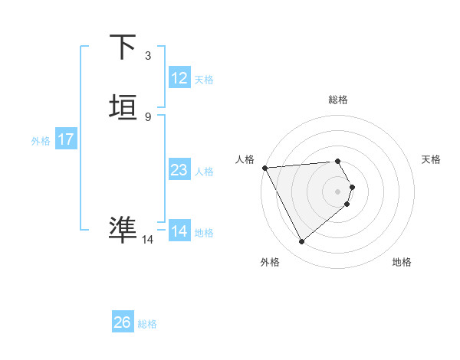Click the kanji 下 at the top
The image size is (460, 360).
(123, 48)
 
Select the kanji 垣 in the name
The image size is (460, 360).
(123, 108)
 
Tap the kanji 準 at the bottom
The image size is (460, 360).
(123, 228)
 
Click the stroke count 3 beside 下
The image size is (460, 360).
(147, 56)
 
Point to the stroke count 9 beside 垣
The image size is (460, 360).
(147, 116)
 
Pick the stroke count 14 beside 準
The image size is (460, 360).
(148, 240)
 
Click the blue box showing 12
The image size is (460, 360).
(179, 78)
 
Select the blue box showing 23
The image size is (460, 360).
(179, 170)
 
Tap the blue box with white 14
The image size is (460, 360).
(179, 231)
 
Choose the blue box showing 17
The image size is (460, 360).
(65, 139)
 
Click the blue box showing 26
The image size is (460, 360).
(122, 322)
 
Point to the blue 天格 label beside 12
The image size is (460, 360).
(204, 80)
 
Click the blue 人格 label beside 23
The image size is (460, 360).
(205, 172)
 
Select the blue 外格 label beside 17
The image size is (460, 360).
(41, 141)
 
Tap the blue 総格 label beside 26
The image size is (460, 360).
(147, 324)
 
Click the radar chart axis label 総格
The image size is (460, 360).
(338, 100)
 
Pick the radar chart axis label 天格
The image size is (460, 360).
(432, 159)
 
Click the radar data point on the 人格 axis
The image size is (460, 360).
(264, 168)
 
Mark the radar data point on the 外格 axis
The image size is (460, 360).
(301, 242)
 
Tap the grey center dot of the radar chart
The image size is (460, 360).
(338, 191)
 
